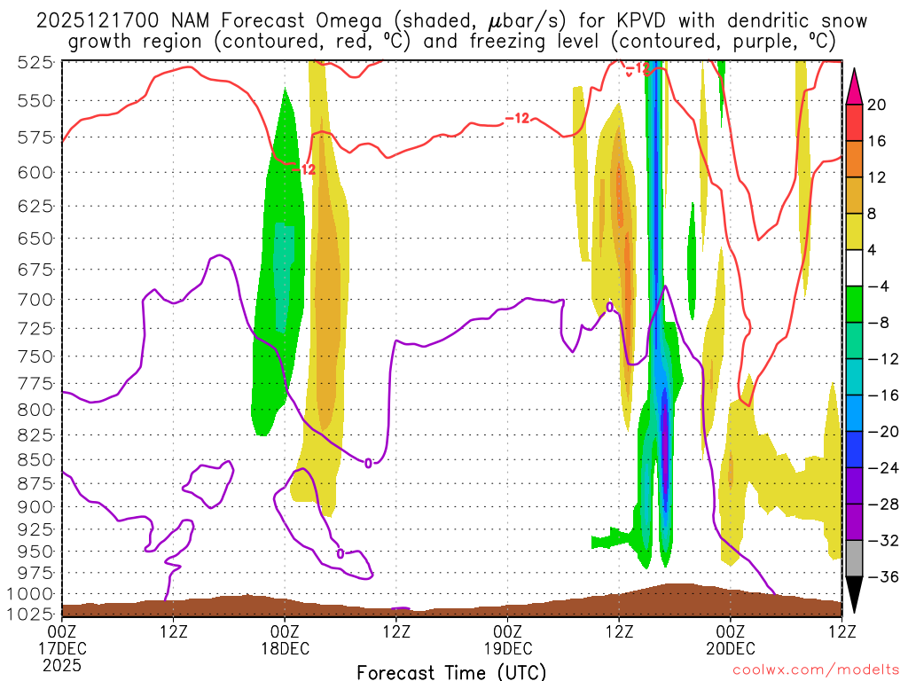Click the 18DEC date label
285,649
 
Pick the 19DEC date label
507,649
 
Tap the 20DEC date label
730,649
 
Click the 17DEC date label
62,649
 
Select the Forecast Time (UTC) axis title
451,671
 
